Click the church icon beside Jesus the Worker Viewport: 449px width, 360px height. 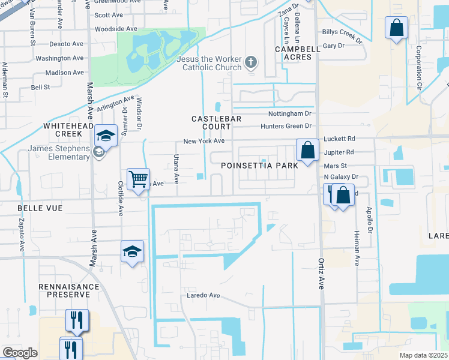[251, 62]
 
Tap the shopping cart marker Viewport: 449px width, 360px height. [138, 179]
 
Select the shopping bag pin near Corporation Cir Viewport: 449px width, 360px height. [397, 28]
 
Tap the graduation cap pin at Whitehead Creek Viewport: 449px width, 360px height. [106, 136]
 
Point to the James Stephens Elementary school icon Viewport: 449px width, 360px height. [98, 152]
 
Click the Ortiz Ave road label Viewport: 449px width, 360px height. [321, 274]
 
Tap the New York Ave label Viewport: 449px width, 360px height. [203, 141]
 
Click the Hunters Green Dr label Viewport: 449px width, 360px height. [286, 126]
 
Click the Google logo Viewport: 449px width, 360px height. [20, 353]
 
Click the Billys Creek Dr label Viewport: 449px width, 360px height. [342, 36]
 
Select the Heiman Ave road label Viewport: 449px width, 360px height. [357, 248]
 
